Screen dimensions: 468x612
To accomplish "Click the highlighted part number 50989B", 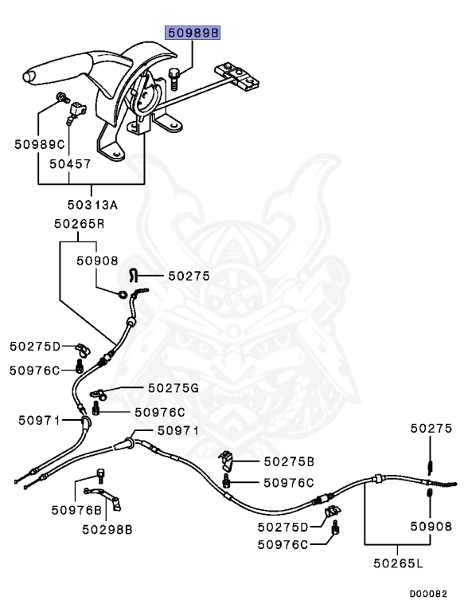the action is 193,33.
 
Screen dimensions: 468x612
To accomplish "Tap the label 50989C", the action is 39,144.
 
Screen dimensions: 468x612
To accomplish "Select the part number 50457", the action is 70,164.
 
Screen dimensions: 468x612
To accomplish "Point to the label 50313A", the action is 92,205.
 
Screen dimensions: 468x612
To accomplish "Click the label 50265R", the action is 79,224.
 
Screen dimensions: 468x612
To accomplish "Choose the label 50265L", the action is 398,563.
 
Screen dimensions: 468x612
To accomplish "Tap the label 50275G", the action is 174,388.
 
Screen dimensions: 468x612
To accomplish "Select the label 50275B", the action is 289,461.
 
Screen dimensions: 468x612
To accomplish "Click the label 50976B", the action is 76,510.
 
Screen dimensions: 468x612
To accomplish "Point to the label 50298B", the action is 107,530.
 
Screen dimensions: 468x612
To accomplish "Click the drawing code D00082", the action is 428,594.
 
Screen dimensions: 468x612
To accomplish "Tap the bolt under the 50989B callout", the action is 174,79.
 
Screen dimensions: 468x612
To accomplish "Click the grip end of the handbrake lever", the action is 31,76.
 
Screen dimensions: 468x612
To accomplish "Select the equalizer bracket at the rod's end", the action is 236,76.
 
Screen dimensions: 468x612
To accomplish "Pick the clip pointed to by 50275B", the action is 226,461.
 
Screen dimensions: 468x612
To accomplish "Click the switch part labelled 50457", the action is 77,112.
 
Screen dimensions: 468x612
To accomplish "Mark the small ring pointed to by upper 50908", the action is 122,294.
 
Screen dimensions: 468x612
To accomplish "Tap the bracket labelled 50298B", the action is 103,497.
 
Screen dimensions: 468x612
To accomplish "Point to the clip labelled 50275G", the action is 98,394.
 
